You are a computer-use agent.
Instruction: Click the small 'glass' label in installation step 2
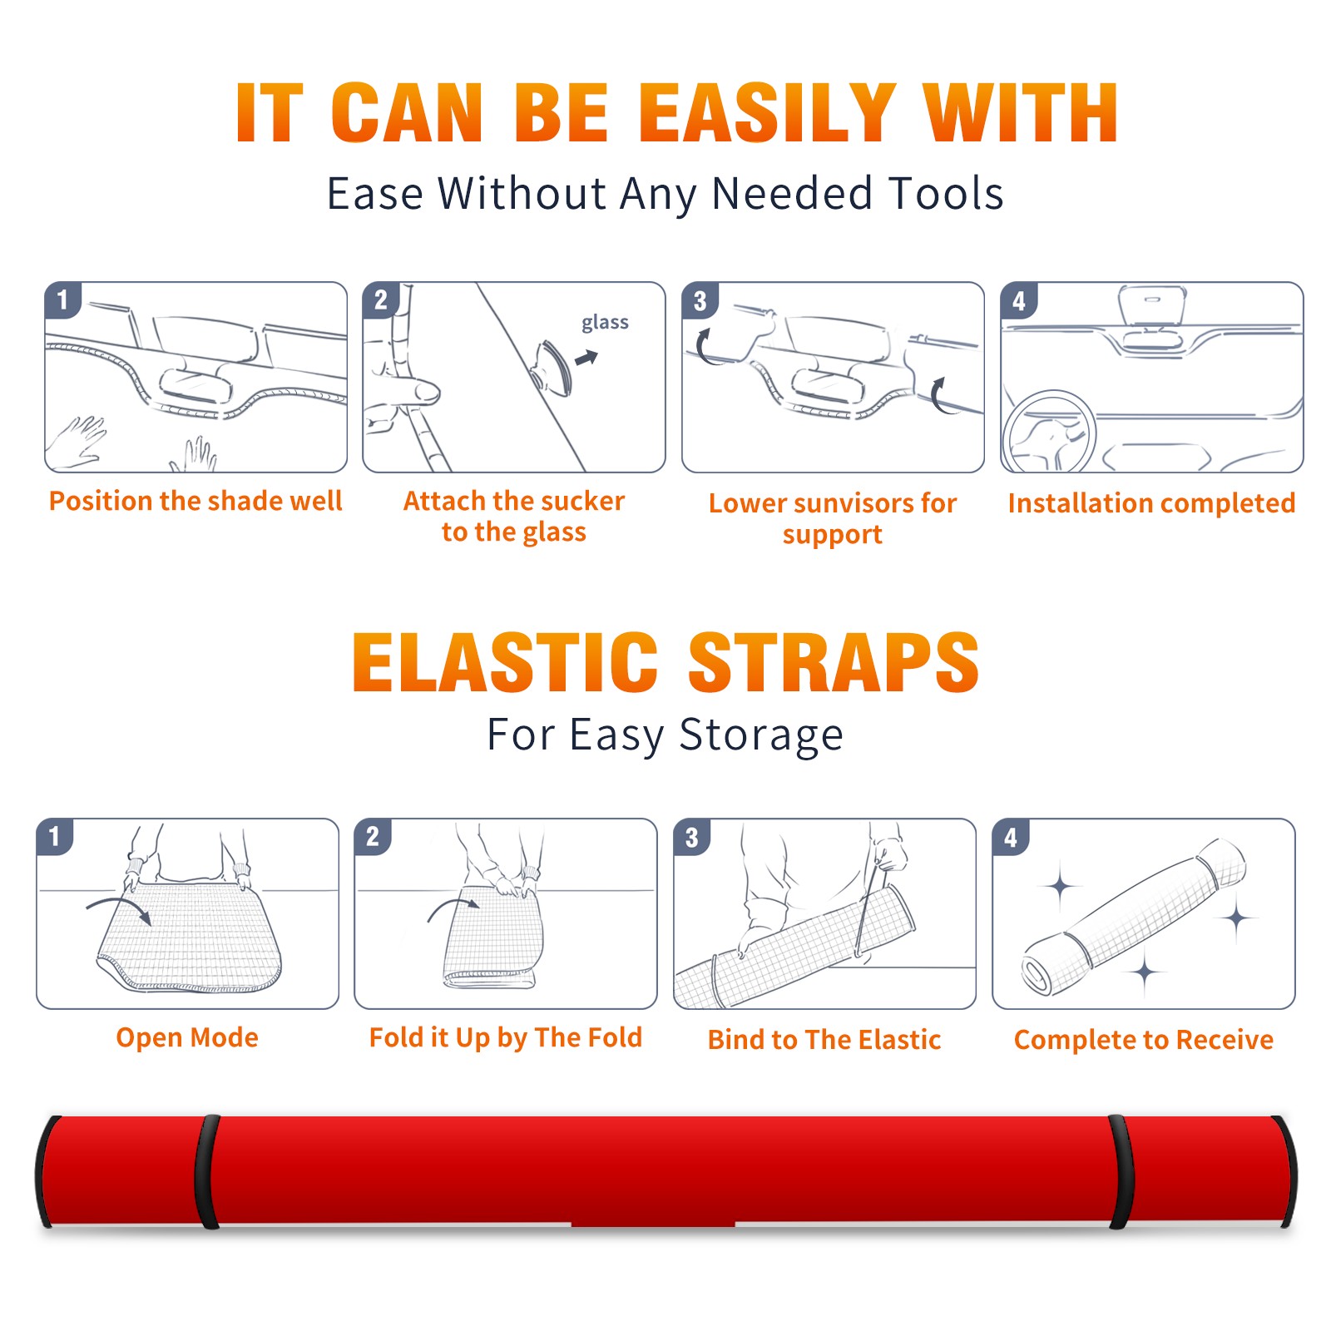(605, 323)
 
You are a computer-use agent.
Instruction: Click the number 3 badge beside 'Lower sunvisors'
(700, 300)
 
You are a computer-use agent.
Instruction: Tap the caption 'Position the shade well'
(195, 501)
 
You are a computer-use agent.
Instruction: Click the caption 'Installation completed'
(1151, 503)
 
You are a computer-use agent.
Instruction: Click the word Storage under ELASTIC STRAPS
(761, 735)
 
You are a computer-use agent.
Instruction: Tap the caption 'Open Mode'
(187, 1037)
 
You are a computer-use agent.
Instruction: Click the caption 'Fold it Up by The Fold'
(506, 1037)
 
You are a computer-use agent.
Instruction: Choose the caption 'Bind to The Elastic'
(824, 1040)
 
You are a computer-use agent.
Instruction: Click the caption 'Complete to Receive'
(1144, 1040)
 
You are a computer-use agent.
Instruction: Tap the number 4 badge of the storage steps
(1011, 837)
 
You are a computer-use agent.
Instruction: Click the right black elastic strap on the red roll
(1121, 1172)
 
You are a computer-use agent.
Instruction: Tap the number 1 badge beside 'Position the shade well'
(62, 299)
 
